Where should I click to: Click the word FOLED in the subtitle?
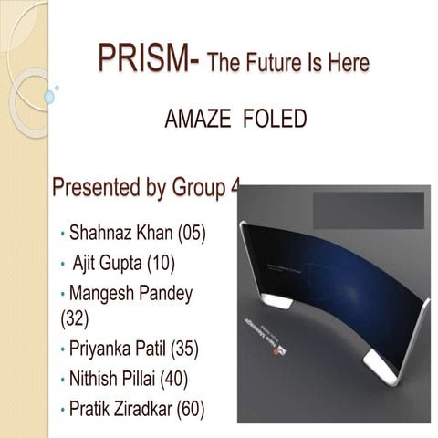pos(276,120)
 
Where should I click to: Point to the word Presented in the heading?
pos(96,190)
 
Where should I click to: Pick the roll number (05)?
pos(191,234)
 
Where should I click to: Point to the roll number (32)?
pos(76,319)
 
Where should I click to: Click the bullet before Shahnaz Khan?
pos(62,235)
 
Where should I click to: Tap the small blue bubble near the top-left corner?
pos(49,96)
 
